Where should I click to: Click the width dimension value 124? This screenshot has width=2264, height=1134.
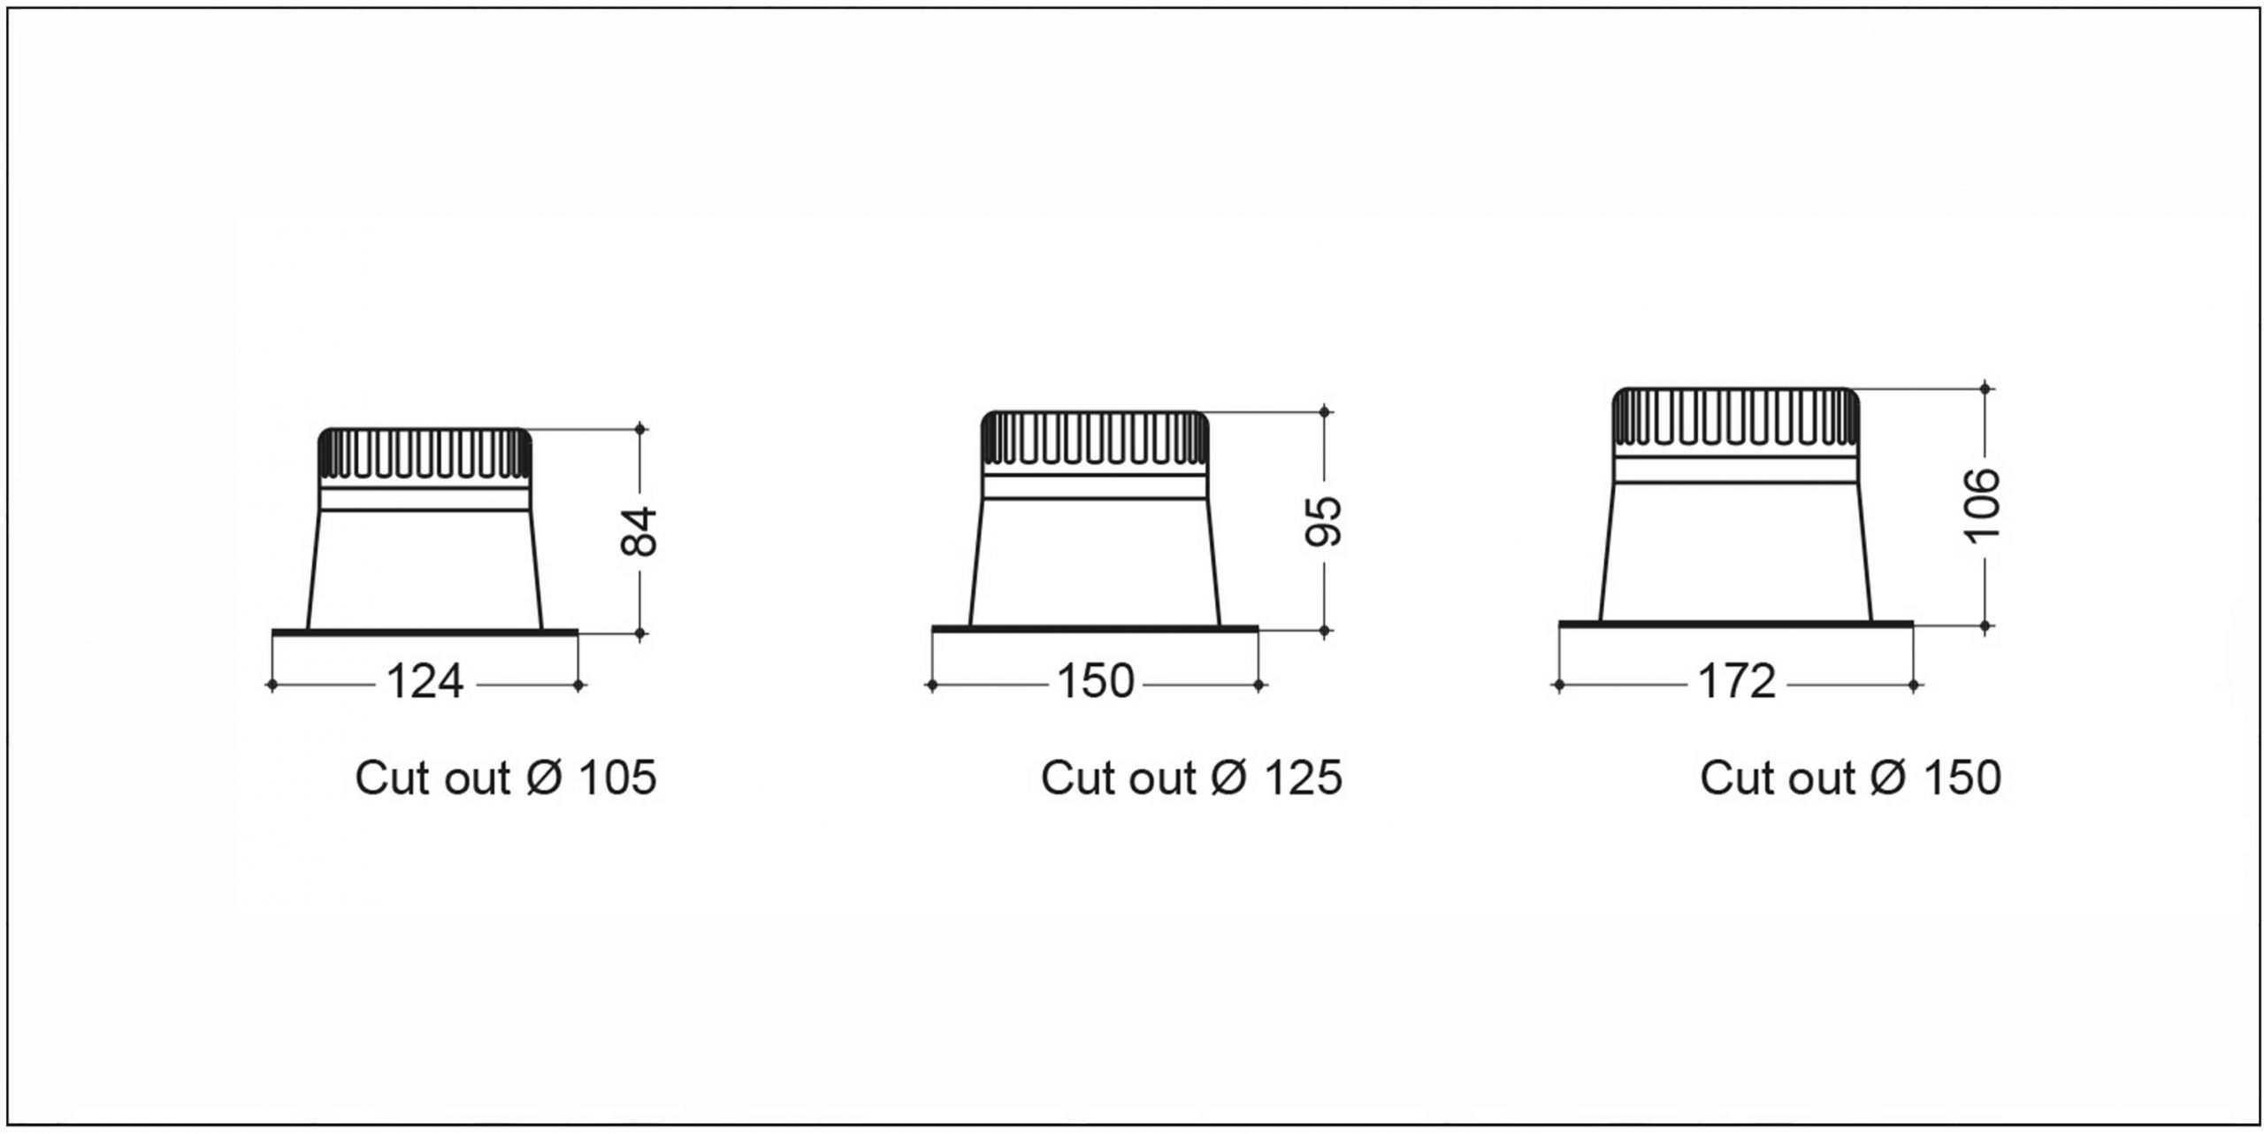[425, 682]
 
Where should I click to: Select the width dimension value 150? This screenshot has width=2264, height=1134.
[1095, 682]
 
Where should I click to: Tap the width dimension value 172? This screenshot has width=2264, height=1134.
[1737, 682]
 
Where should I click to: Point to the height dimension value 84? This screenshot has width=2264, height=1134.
[639, 531]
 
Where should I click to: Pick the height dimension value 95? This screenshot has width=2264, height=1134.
[1324, 520]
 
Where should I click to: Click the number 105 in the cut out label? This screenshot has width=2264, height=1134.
[617, 778]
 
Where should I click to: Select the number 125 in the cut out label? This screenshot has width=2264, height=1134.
[1304, 778]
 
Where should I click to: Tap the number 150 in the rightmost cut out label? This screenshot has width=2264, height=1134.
[1962, 778]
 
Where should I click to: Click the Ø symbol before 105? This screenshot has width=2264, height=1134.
[544, 778]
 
